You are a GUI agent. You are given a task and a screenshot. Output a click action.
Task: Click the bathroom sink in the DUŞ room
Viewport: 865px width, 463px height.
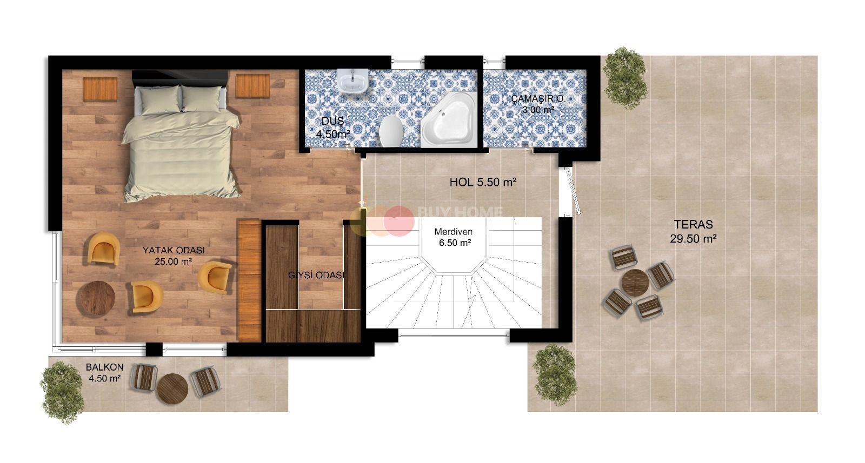click(x=352, y=81)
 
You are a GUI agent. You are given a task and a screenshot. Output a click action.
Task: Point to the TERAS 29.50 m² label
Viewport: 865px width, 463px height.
click(x=694, y=231)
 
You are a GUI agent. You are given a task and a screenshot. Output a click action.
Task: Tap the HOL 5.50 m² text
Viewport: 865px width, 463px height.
click(x=483, y=182)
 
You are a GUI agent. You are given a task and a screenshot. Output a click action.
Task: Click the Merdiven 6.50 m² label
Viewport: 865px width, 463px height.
click(x=454, y=237)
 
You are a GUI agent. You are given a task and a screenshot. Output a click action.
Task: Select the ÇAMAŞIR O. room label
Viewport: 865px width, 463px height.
click(x=538, y=99)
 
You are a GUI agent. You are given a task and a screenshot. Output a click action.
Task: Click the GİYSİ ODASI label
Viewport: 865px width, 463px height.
click(x=316, y=275)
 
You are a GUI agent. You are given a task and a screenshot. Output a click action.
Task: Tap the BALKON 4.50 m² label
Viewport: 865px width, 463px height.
click(x=105, y=373)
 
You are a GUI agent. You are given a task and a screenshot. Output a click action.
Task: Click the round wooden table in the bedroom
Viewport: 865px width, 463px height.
click(x=95, y=299)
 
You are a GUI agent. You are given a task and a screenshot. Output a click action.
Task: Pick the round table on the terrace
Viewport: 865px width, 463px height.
click(x=635, y=283)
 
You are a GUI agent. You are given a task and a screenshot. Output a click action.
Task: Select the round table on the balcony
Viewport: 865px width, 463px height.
click(x=172, y=388)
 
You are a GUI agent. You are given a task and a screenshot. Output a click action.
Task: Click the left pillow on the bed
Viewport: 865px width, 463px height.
click(x=160, y=99)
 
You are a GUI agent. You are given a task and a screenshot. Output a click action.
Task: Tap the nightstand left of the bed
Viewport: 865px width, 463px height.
click(x=100, y=89)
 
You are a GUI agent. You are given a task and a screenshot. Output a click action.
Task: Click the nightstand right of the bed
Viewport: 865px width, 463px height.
click(x=253, y=86)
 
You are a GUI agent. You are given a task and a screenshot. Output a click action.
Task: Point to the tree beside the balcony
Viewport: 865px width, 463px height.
click(x=63, y=392)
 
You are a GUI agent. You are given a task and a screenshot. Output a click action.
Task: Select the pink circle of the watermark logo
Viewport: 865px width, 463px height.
click(x=400, y=221)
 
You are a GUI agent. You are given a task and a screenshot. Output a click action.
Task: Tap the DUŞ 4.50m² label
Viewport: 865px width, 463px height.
click(x=333, y=128)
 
